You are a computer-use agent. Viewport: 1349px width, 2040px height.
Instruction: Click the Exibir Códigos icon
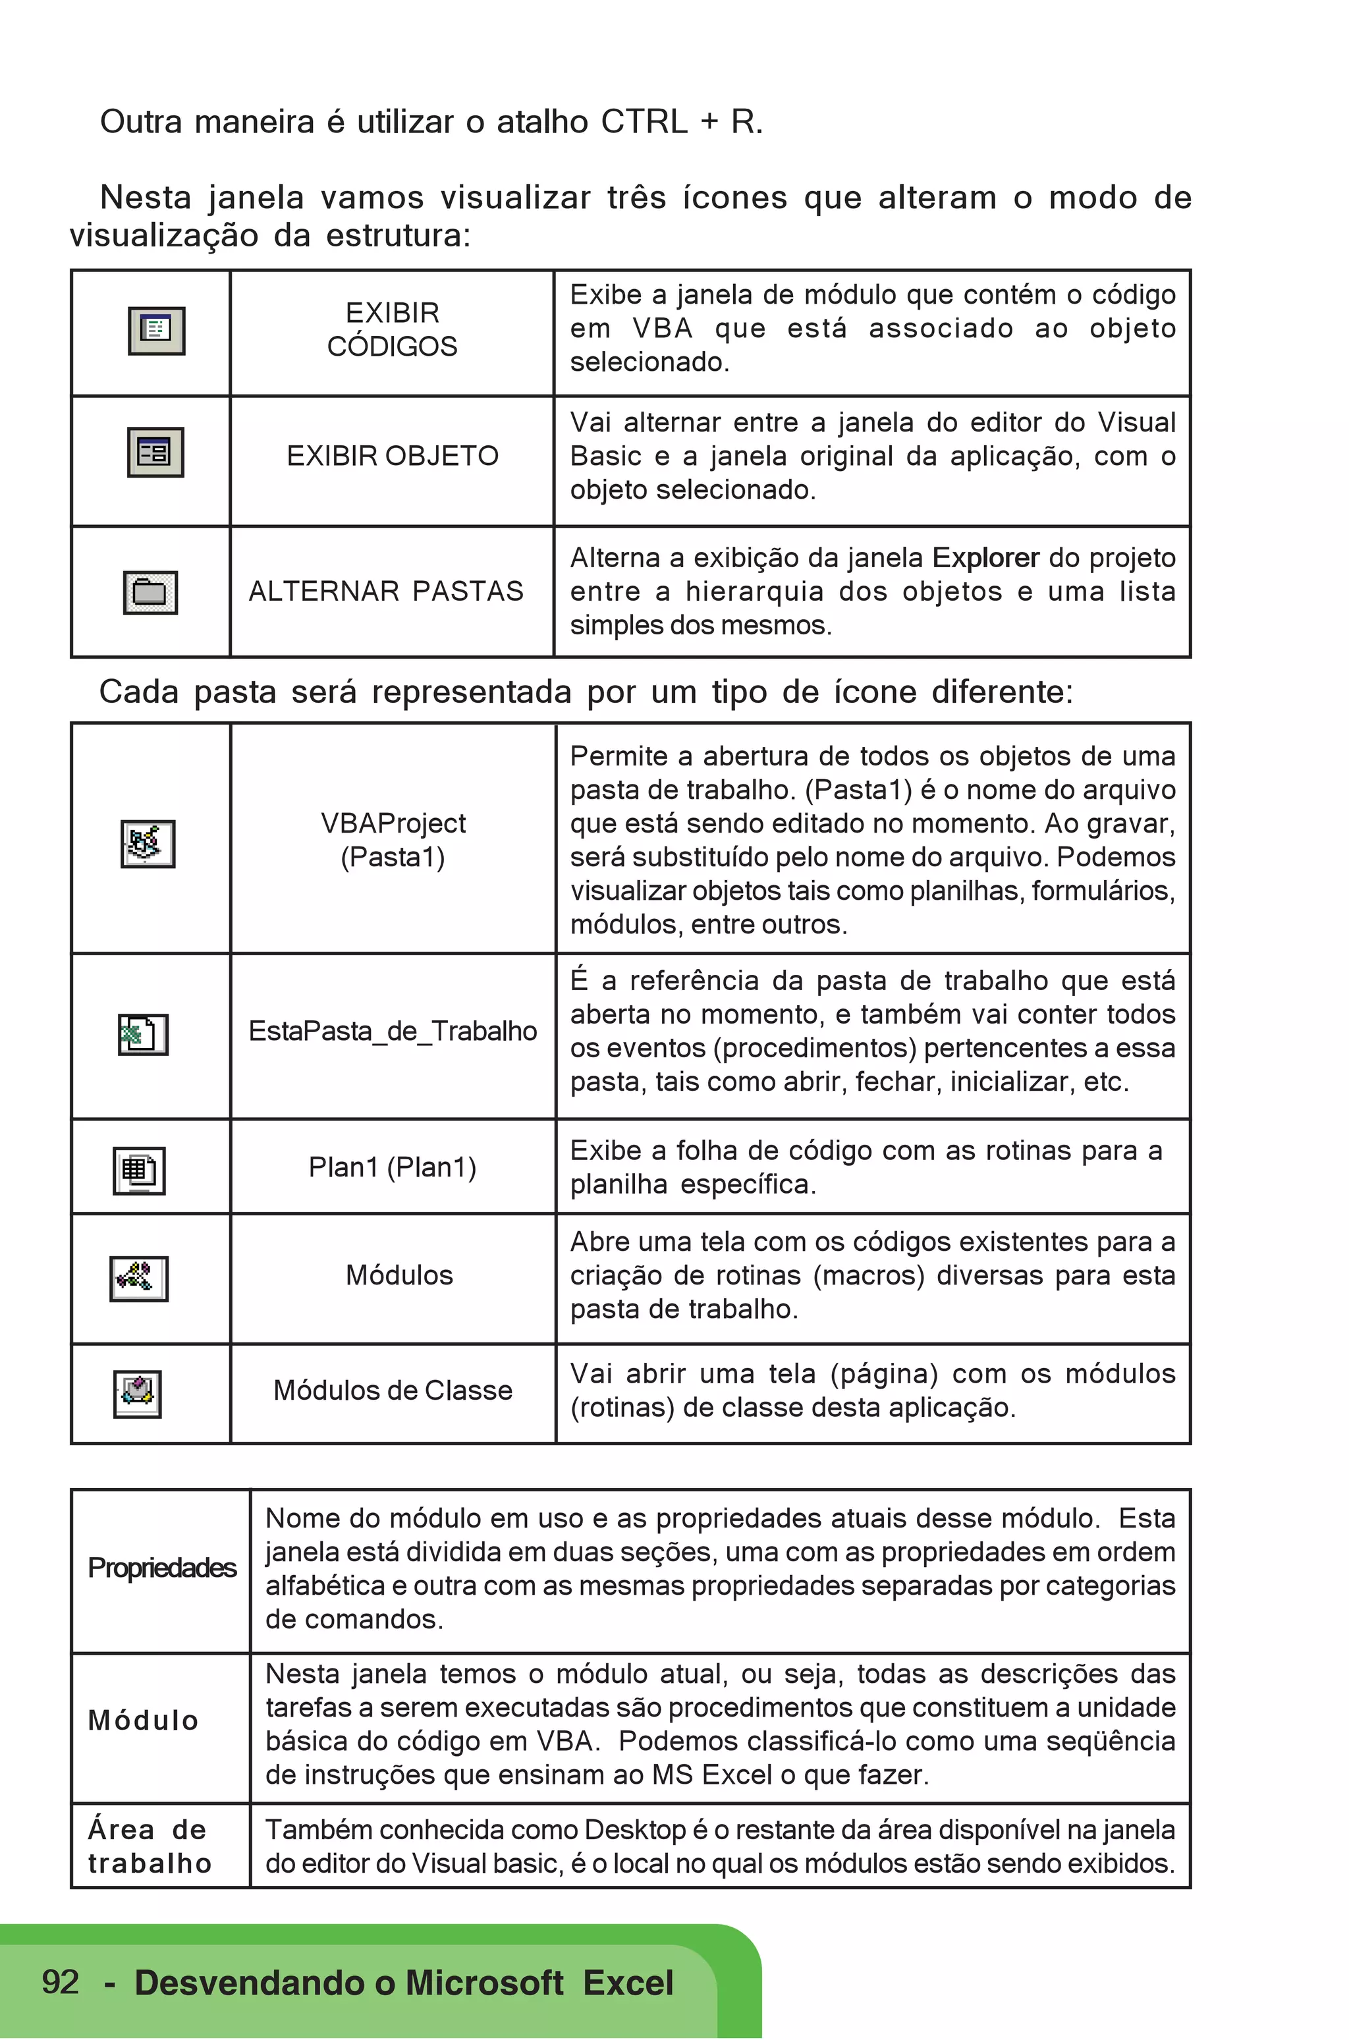tap(157, 331)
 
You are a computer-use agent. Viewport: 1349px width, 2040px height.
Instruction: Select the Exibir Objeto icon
tap(155, 452)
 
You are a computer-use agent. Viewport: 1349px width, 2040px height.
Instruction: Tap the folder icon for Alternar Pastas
tap(151, 592)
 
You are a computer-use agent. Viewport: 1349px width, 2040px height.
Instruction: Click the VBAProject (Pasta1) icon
tap(148, 843)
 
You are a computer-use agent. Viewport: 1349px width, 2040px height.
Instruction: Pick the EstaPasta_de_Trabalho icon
tap(143, 1034)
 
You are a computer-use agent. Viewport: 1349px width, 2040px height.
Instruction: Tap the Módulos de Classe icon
tap(138, 1393)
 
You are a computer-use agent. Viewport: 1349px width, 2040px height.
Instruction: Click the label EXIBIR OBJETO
tap(393, 456)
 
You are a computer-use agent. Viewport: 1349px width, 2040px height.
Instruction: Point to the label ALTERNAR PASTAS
tap(386, 591)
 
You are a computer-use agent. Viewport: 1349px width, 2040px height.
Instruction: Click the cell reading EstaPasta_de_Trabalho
tap(393, 1031)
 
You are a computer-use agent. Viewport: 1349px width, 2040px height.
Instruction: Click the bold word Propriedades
tap(162, 1568)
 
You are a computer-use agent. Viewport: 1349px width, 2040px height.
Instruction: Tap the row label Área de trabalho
tap(150, 1846)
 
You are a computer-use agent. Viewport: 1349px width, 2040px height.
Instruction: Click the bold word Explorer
tap(986, 557)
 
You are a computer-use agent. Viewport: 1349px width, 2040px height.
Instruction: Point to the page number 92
tap(60, 1981)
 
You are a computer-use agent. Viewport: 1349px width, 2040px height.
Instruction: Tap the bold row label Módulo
tap(144, 1720)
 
